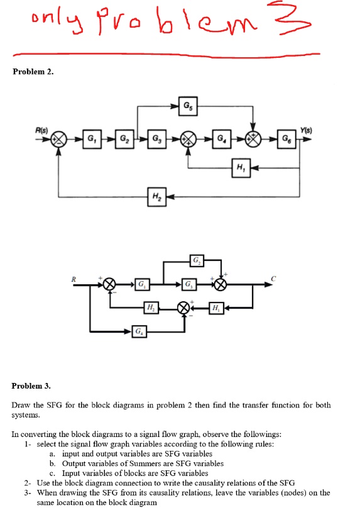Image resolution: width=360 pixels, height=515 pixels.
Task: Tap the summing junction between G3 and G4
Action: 188,138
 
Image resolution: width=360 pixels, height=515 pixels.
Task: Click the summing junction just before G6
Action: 253,138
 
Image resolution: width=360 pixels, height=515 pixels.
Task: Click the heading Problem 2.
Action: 33,72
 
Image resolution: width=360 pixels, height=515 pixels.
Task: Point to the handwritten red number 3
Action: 306,22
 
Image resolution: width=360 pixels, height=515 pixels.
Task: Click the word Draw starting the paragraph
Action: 21,406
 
